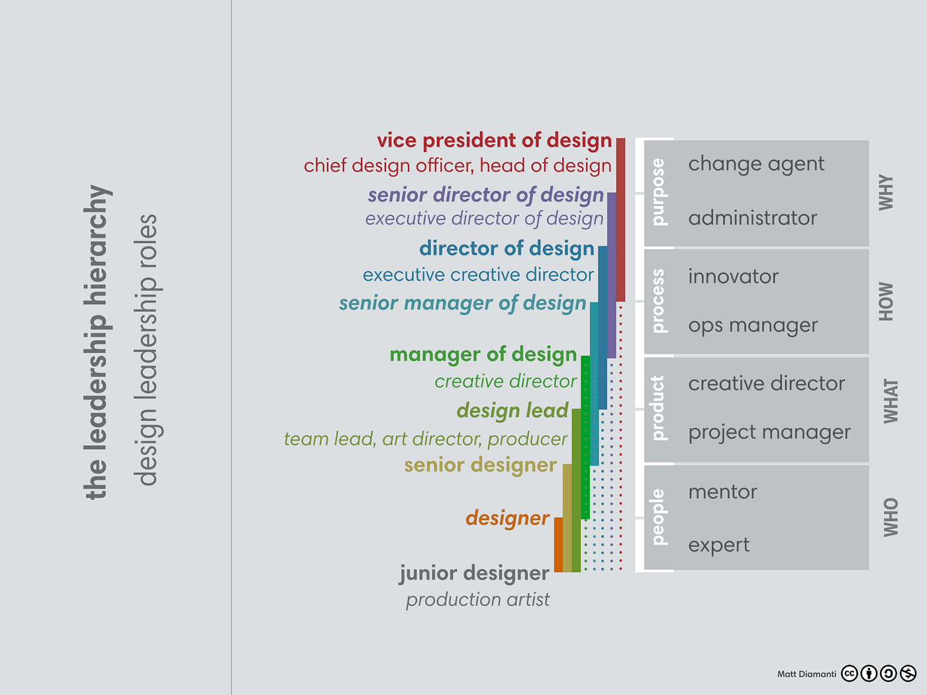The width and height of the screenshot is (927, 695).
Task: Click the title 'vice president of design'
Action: pyautogui.click(x=494, y=140)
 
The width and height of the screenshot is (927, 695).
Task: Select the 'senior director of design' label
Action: pyautogui.click(x=485, y=195)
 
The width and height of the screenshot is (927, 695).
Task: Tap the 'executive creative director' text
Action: pyautogui.click(x=478, y=275)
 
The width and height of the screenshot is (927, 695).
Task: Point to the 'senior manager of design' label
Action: pyautogui.click(x=462, y=303)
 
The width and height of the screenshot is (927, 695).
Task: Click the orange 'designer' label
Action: pyautogui.click(x=507, y=518)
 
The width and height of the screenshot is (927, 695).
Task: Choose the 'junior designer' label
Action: pyautogui.click(x=474, y=573)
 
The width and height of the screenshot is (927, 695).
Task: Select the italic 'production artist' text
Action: pyautogui.click(x=477, y=600)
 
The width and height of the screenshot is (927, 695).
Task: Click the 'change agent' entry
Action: pyautogui.click(x=756, y=164)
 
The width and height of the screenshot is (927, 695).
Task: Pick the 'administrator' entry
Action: pyautogui.click(x=752, y=218)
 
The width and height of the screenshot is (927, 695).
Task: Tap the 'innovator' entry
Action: pyautogui.click(x=733, y=276)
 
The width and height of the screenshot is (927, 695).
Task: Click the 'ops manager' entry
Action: pyautogui.click(x=753, y=326)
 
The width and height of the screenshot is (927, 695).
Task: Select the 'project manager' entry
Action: pyautogui.click(x=769, y=433)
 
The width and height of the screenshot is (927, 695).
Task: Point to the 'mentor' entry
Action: pyautogui.click(x=722, y=492)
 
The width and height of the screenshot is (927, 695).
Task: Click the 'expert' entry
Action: pyautogui.click(x=718, y=545)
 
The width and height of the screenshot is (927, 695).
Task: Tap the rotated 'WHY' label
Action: pyautogui.click(x=886, y=193)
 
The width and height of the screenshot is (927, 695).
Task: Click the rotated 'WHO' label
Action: pyautogui.click(x=891, y=517)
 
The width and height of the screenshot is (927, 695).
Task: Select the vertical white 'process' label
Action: pyautogui.click(x=658, y=301)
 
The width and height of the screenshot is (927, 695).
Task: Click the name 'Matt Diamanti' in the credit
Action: pyautogui.click(x=806, y=674)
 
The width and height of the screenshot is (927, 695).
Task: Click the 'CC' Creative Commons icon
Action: pyautogui.click(x=850, y=674)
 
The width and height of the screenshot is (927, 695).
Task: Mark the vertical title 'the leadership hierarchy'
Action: pyautogui.click(x=97, y=342)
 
